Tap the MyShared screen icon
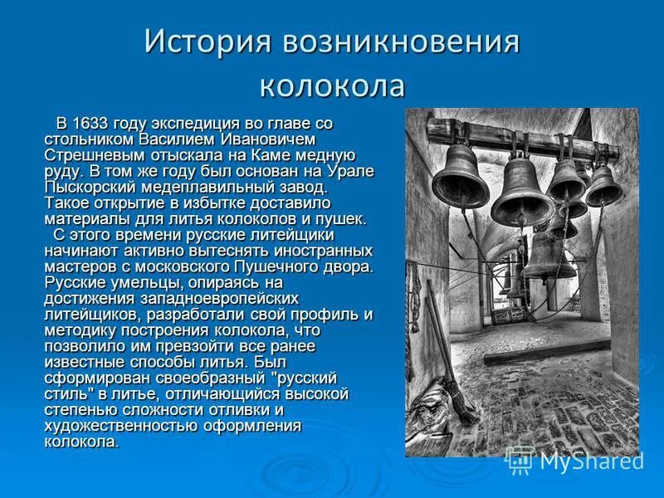[x=520, y=459]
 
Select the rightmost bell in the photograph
[x=603, y=186]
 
